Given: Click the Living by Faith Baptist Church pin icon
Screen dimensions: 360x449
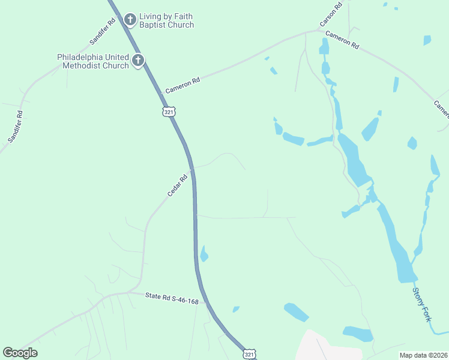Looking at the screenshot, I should pyautogui.click(x=130, y=20).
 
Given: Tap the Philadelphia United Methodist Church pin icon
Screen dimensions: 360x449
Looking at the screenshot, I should pyautogui.click(x=138, y=60).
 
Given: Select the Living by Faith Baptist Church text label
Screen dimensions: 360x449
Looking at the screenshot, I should pyautogui.click(x=167, y=20).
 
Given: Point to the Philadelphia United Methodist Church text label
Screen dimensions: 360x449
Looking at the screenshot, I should pyautogui.click(x=93, y=61).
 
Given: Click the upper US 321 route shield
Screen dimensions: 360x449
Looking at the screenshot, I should pyautogui.click(x=169, y=112).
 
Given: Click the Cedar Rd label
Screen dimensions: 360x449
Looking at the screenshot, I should pyautogui.click(x=178, y=185).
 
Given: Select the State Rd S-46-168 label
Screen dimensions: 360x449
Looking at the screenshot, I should pyautogui.click(x=172, y=298).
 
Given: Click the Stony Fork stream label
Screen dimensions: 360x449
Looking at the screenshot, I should pyautogui.click(x=421, y=304).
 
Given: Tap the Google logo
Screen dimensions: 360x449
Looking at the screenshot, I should pyautogui.click(x=20, y=353).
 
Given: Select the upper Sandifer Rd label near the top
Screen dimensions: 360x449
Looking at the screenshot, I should pyautogui.click(x=103, y=32).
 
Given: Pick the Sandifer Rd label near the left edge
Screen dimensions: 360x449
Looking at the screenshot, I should pyautogui.click(x=16, y=126).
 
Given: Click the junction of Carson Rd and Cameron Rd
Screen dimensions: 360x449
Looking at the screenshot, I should pyautogui.click(x=320, y=30).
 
